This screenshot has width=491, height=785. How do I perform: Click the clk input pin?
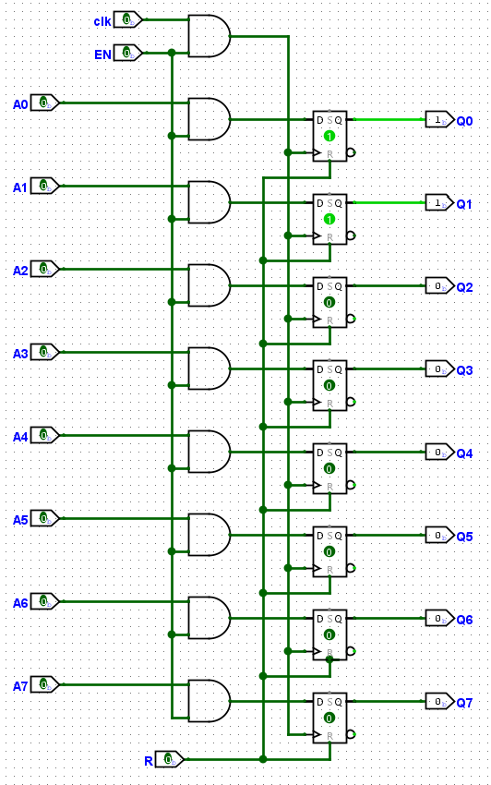(x=128, y=20)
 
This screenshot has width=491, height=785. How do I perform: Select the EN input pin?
(x=128, y=53)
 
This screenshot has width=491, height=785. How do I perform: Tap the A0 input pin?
(x=45, y=103)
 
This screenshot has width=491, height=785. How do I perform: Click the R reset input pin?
(x=170, y=759)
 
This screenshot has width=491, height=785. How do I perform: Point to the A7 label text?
(x=20, y=686)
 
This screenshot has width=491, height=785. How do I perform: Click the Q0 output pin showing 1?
(x=439, y=120)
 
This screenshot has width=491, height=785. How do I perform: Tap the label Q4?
(x=464, y=453)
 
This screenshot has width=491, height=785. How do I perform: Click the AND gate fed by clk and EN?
(x=210, y=35)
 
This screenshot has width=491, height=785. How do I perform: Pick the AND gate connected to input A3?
(x=210, y=368)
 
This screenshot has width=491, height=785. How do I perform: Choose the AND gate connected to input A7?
(x=210, y=701)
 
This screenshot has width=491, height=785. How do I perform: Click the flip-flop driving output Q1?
(x=329, y=219)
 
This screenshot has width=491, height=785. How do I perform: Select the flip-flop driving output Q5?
(x=329, y=551)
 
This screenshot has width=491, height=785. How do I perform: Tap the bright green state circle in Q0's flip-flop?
(x=329, y=136)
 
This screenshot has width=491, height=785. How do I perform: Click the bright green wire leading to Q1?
(x=389, y=203)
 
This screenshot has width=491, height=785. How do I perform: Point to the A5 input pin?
(x=45, y=519)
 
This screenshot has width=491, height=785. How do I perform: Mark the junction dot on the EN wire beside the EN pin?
(x=172, y=53)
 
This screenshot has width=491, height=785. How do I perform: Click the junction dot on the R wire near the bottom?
(x=263, y=759)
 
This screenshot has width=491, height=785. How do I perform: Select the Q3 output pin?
(x=439, y=369)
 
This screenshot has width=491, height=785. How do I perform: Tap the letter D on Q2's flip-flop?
(x=320, y=286)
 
